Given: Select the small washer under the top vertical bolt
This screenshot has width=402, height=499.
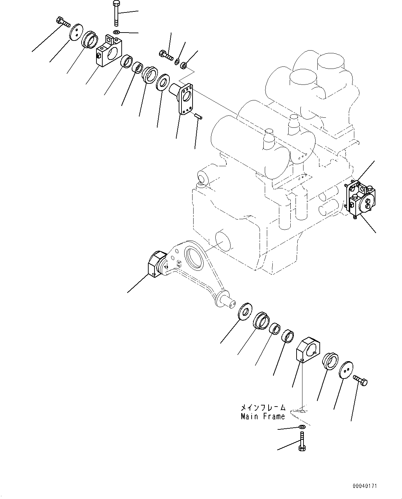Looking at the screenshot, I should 116,33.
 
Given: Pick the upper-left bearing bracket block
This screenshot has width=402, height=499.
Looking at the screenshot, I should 107,51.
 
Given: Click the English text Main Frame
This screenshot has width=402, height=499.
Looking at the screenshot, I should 263,416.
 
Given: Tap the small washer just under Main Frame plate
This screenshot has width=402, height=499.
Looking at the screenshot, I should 301,427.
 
